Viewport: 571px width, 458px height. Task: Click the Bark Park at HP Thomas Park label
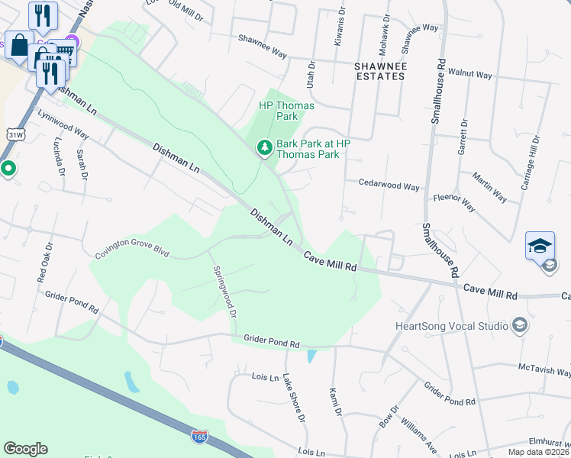pos(308,148)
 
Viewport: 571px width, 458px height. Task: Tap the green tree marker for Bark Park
pos(264,147)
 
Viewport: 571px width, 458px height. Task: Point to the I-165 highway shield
pos(199,437)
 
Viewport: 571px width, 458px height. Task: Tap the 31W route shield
pos(15,134)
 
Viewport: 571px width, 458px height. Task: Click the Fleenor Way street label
pos(454,203)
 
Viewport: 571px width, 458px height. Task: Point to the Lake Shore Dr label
pos(293,398)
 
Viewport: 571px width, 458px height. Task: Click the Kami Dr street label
pos(333,402)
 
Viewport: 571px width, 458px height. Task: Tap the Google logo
pos(25,449)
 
